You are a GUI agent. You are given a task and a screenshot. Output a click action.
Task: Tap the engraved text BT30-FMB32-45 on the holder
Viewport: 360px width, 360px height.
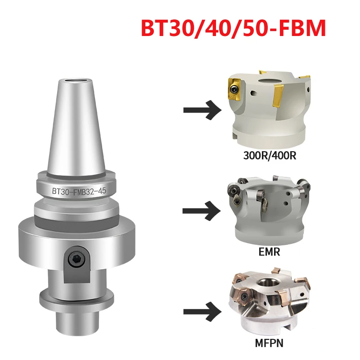point(79,191)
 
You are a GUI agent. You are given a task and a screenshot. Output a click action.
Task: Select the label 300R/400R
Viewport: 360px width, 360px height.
point(270,156)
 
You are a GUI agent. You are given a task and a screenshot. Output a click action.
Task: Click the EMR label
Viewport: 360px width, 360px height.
point(269,252)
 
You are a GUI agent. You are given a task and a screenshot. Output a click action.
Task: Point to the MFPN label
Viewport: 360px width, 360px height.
point(269,343)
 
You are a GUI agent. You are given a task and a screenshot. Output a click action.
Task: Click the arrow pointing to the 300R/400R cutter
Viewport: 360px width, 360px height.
point(202,110)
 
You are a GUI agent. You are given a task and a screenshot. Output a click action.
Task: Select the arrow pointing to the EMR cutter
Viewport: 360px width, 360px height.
point(202,211)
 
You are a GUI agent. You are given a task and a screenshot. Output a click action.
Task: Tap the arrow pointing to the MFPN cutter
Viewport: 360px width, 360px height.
point(202,311)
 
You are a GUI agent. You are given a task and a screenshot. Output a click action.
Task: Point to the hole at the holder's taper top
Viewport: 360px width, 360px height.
point(76,81)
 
